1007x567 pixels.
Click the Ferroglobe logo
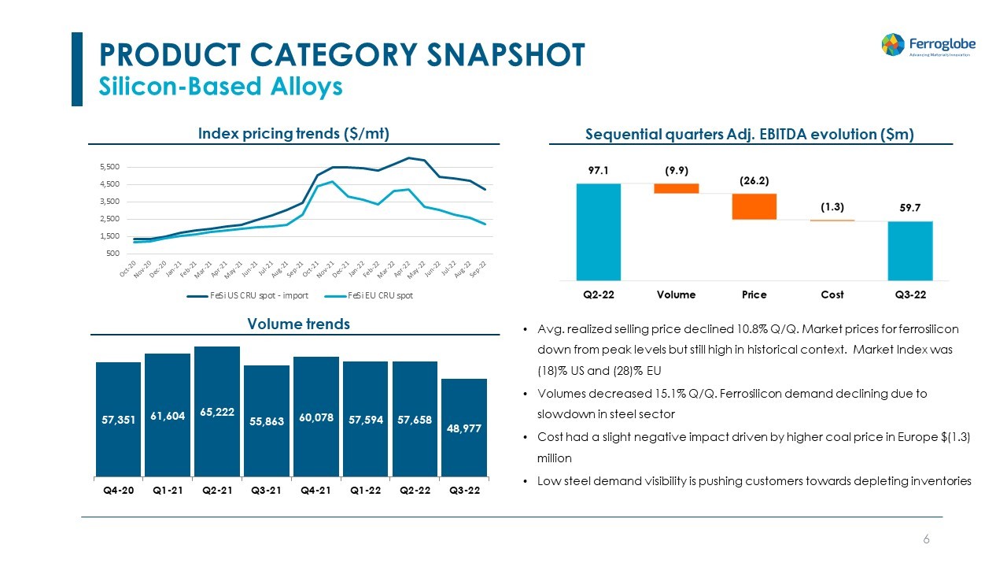[x=925, y=45]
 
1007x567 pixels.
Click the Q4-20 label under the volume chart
[x=118, y=491]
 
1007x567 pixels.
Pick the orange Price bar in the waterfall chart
[x=754, y=206]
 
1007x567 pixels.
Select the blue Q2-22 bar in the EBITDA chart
[x=599, y=232]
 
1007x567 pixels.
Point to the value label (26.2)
[x=754, y=180]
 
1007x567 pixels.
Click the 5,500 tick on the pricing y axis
[x=109, y=167]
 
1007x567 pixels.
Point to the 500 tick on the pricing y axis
[x=113, y=254]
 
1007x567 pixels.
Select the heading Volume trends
[x=298, y=324]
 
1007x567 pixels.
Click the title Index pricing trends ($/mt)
[x=294, y=134]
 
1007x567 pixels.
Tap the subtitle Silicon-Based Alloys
[x=220, y=87]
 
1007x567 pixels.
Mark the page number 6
[x=926, y=539]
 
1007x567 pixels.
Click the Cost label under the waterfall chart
[x=832, y=295]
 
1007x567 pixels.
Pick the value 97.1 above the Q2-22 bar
[x=599, y=170]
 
